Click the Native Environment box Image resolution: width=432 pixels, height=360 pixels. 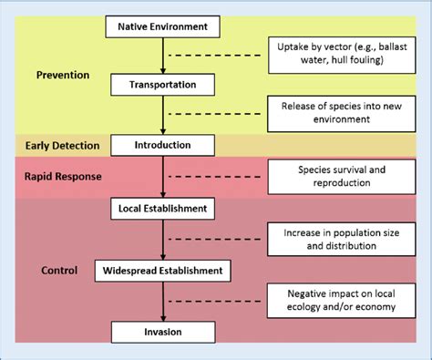(x=164, y=26)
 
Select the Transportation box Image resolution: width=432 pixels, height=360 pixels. (x=164, y=86)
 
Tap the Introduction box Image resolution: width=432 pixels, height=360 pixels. (x=164, y=145)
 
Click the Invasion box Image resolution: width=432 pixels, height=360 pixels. (x=164, y=331)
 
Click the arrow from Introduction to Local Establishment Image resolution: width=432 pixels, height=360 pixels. (x=164, y=177)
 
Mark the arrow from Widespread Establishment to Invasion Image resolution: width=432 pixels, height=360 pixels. (x=164, y=301)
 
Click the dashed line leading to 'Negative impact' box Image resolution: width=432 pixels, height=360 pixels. (x=219, y=301)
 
